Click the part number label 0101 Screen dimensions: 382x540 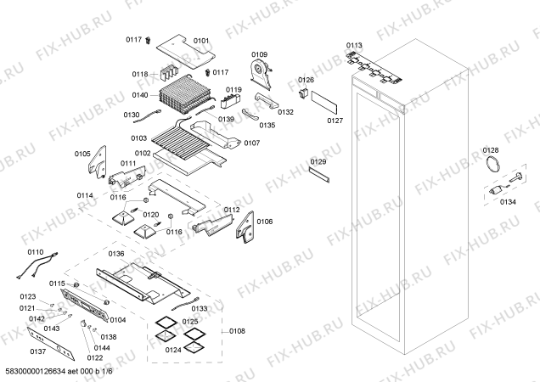point(201,40)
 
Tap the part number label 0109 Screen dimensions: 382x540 point(259,53)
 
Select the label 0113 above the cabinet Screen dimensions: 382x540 point(354,44)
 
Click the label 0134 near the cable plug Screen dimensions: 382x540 point(508,202)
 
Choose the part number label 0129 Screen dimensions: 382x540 point(318,161)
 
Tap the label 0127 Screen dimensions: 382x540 point(334,121)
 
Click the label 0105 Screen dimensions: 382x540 point(82,154)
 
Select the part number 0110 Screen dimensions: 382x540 point(35,252)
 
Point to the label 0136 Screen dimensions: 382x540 point(116,253)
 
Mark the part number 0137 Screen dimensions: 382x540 point(38,351)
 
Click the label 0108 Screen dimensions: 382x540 point(238,332)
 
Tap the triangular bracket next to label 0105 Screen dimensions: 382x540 point(100,160)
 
